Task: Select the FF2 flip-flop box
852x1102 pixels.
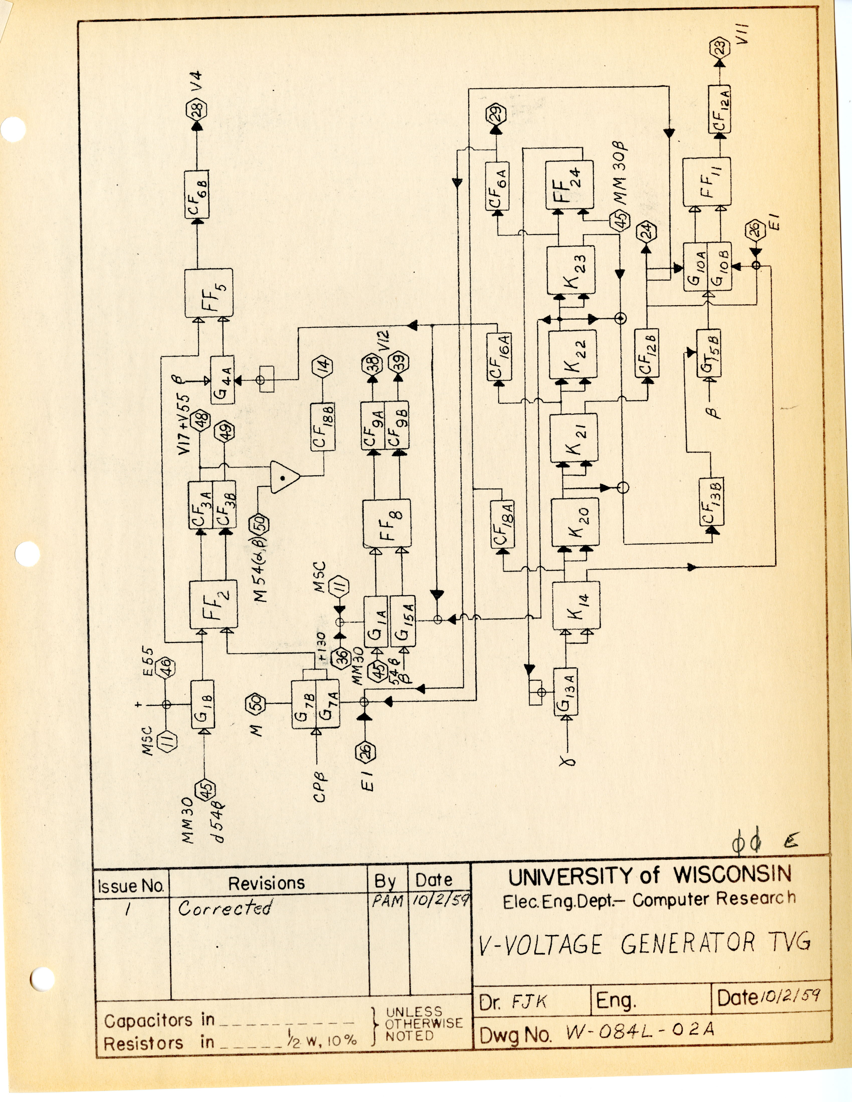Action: tap(214, 604)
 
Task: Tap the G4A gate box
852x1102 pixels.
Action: tap(222, 379)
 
